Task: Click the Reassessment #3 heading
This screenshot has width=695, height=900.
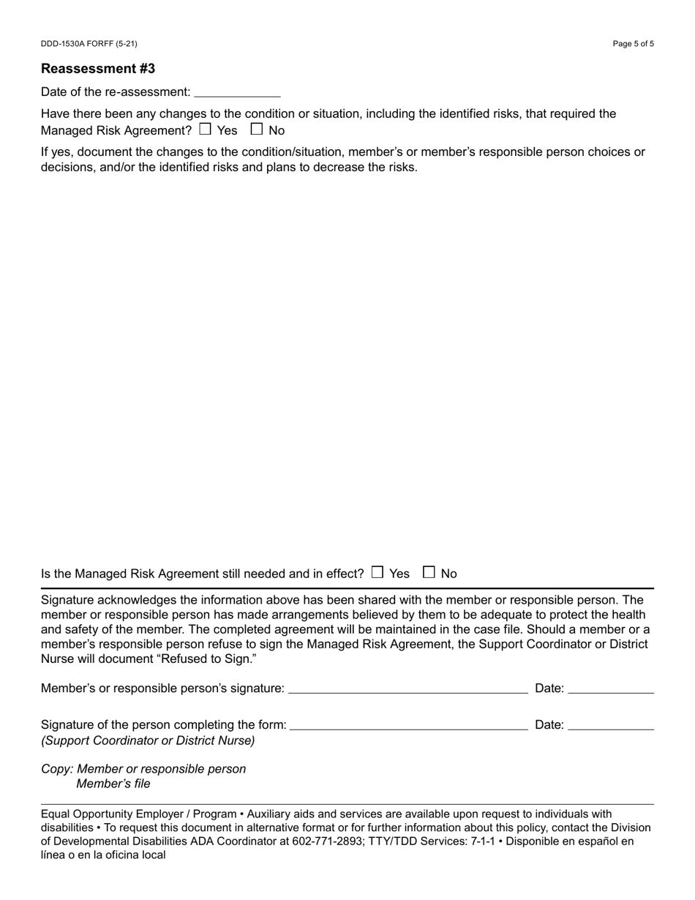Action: [x=98, y=69]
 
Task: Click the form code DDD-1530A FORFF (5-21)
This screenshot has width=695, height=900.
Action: [x=89, y=44]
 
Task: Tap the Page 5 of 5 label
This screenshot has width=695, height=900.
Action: [x=634, y=44]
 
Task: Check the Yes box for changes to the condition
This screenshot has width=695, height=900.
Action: [x=205, y=130]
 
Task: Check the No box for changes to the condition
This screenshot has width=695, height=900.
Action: [x=257, y=130]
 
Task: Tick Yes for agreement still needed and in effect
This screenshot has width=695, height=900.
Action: [x=377, y=572]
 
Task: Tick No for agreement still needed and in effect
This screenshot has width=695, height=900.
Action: [x=429, y=572]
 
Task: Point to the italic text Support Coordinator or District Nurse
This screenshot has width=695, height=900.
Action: [x=149, y=740]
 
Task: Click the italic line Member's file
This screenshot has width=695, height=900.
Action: [x=113, y=784]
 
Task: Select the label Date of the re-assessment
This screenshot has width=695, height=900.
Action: [x=116, y=92]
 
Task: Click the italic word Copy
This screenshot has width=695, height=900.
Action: [x=56, y=769]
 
